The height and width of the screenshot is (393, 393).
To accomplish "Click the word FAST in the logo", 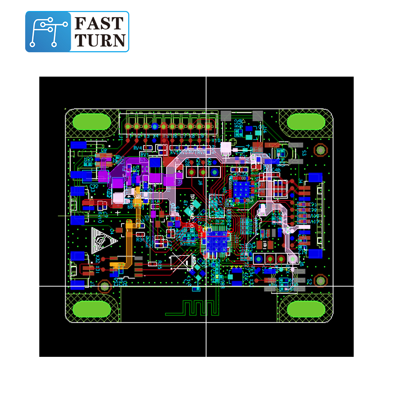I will click(x=99, y=24).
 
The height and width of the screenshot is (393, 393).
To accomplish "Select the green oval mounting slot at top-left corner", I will click(x=92, y=121).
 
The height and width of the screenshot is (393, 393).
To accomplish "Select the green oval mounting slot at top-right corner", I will click(x=306, y=122).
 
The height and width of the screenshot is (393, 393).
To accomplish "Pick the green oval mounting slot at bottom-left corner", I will click(x=92, y=309).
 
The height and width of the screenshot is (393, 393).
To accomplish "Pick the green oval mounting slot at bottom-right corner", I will click(x=306, y=309).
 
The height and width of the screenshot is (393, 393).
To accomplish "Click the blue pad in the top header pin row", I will click(x=155, y=126).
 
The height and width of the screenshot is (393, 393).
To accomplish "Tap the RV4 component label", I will click(x=137, y=148).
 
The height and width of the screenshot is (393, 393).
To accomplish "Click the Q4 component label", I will click(x=112, y=231).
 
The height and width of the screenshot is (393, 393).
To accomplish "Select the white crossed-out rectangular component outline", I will click(x=181, y=262).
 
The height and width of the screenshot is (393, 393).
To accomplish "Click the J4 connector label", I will click(x=301, y=182).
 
